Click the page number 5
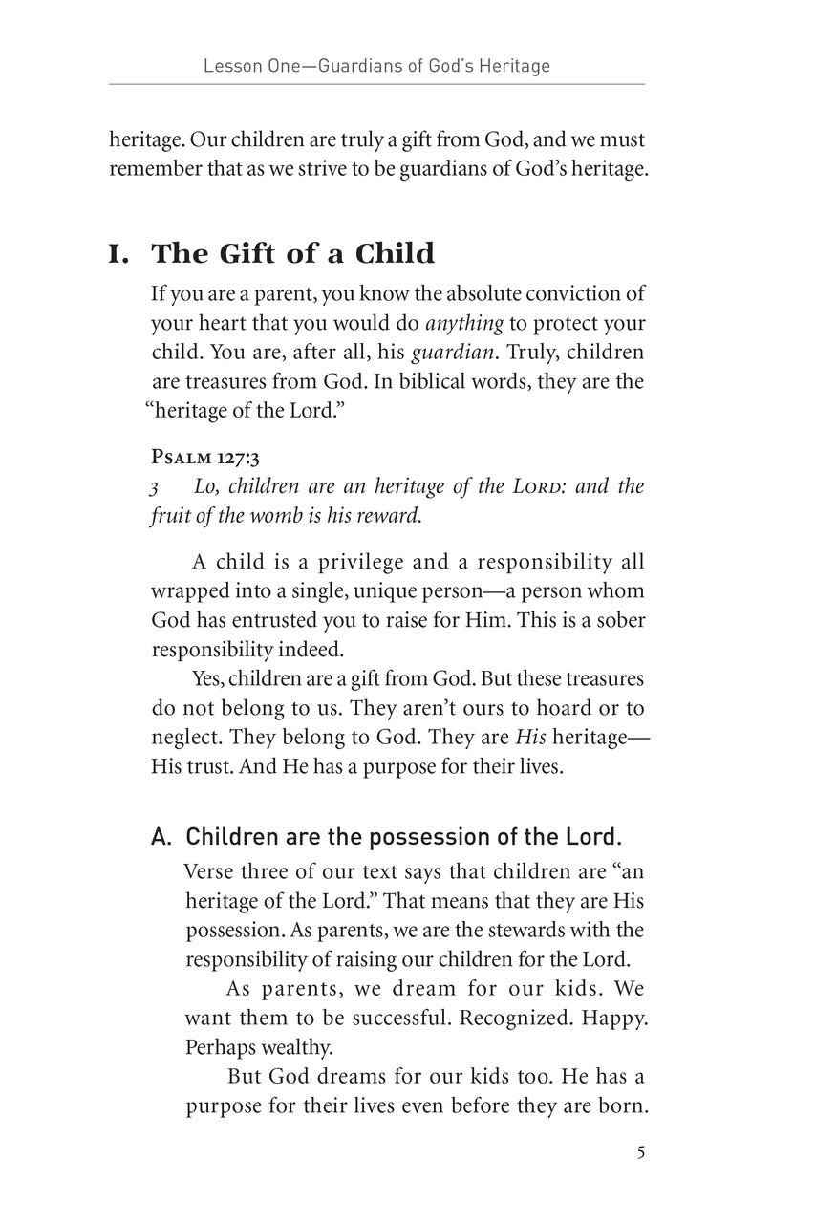640,1151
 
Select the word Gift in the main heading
249,254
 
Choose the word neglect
182,738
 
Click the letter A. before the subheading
161,838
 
